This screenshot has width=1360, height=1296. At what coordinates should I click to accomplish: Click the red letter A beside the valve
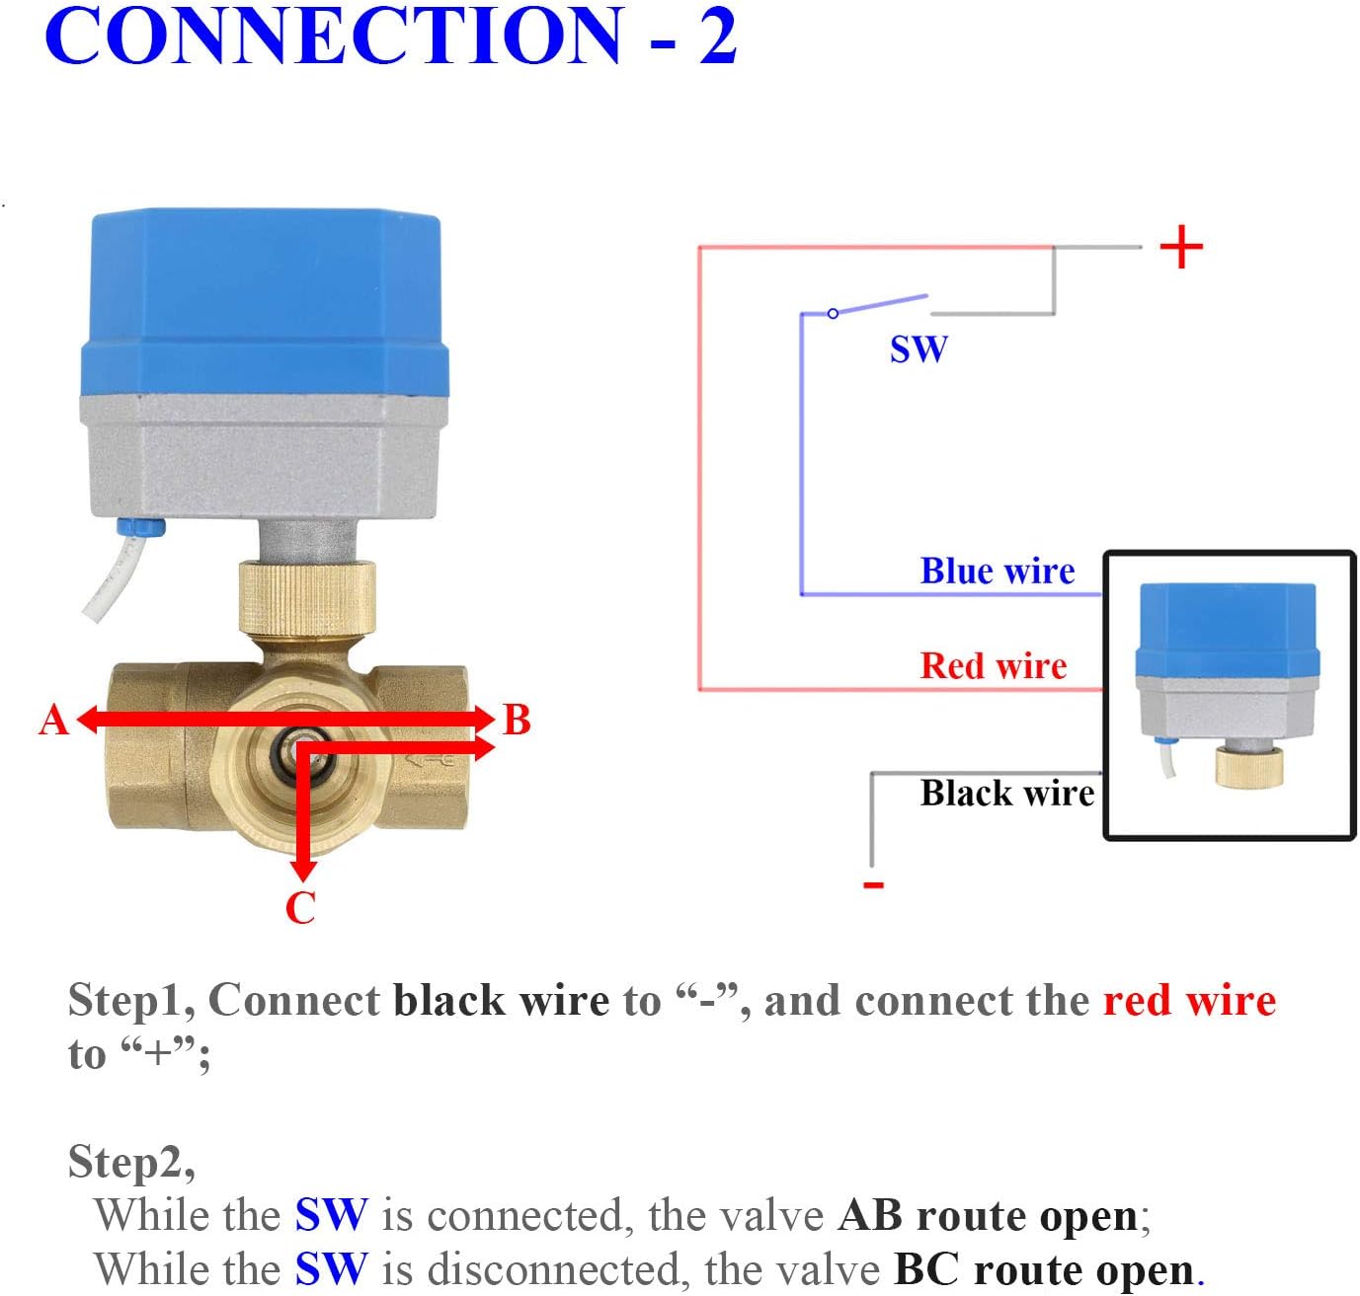click(x=54, y=720)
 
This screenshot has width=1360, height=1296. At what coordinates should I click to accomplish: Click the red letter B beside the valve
click(x=517, y=720)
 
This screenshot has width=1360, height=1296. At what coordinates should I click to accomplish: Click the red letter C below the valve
click(x=300, y=907)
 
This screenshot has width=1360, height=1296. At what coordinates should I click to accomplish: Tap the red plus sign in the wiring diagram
click(x=1181, y=247)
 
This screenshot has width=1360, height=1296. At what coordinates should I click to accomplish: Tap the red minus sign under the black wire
click(x=873, y=884)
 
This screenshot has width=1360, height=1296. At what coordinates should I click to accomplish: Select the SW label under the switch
click(x=919, y=349)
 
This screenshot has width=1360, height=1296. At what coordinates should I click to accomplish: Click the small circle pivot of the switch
click(x=833, y=313)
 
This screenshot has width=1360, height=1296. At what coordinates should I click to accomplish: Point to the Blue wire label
click(x=997, y=571)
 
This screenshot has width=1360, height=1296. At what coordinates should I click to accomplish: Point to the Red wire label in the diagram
click(x=994, y=665)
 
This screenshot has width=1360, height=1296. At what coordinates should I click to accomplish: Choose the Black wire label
click(x=1006, y=793)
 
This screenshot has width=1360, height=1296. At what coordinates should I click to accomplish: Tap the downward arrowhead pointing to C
click(x=303, y=870)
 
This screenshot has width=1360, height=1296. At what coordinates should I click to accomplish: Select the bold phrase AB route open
click(x=988, y=1215)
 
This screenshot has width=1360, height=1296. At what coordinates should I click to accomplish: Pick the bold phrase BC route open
click(x=1044, y=1268)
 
